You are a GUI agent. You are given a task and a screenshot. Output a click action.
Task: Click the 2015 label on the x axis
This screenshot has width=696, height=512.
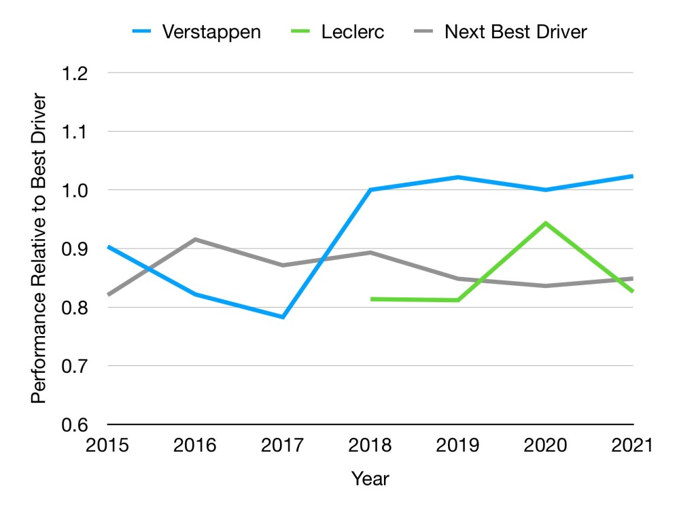[107, 445]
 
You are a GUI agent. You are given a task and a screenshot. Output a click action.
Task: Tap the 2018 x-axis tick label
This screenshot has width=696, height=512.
[370, 445]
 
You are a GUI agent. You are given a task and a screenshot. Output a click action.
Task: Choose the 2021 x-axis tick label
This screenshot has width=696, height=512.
[632, 445]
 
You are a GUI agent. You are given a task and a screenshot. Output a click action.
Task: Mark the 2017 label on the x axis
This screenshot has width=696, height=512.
[283, 445]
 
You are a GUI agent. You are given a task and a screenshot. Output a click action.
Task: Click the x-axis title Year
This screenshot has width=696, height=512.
[370, 479]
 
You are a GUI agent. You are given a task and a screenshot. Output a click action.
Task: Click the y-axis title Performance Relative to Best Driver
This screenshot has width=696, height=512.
[39, 249]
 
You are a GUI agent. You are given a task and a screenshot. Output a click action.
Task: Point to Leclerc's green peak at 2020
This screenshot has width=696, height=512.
[546, 223]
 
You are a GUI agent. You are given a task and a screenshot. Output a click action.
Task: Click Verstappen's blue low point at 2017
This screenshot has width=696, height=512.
[283, 317]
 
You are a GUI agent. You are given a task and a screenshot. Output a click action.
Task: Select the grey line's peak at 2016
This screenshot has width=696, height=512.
[195, 239]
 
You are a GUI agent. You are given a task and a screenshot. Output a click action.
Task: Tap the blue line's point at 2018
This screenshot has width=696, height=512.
[370, 189]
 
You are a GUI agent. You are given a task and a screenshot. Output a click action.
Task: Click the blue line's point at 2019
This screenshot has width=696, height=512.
[458, 177]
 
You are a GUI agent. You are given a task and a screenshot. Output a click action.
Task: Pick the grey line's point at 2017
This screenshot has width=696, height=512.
[283, 265]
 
